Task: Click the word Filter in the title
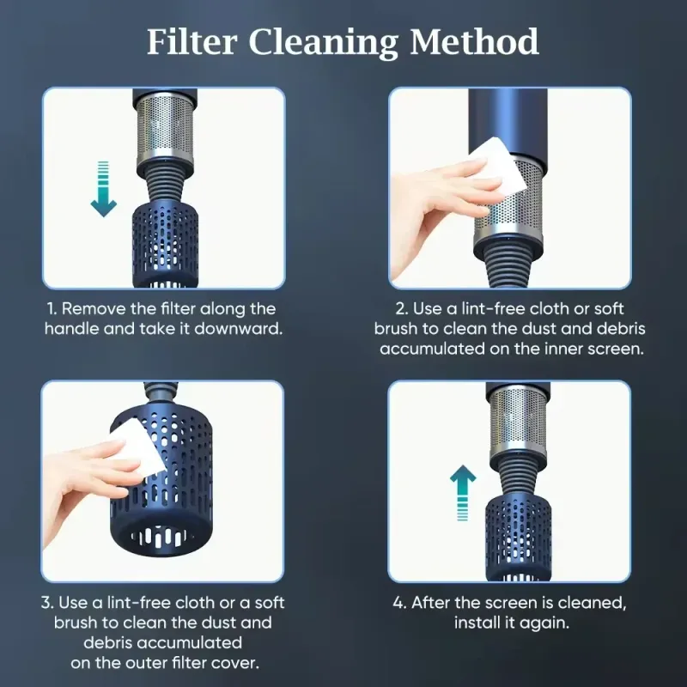(x=192, y=42)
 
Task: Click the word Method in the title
(x=474, y=42)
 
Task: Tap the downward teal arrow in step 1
(x=103, y=189)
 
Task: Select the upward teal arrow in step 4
(x=463, y=492)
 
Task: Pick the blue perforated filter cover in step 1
(x=165, y=246)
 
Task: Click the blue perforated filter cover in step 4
(x=519, y=538)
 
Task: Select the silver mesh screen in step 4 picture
(x=518, y=425)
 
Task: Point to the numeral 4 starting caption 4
(x=398, y=603)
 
